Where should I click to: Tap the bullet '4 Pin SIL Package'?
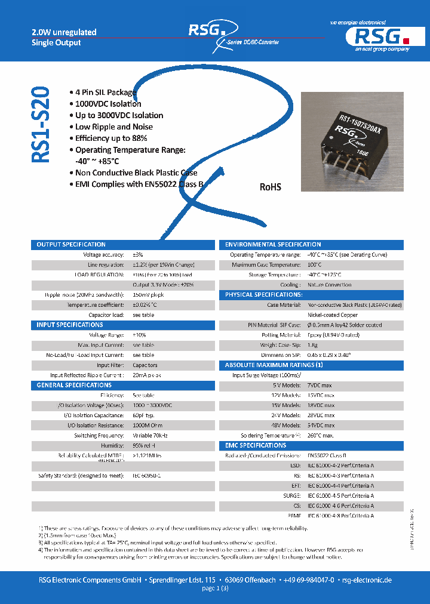click(106, 93)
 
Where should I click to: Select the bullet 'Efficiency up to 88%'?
click(111, 138)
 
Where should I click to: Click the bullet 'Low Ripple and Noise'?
click(113, 127)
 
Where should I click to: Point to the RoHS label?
click(270, 187)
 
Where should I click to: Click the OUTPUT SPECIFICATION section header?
click(71, 245)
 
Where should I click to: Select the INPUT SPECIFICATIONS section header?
click(70, 325)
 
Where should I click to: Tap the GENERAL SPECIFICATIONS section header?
click(74, 386)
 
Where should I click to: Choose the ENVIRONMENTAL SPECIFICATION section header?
click(273, 245)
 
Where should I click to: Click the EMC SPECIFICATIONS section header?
click(256, 445)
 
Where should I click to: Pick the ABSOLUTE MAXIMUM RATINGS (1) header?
click(274, 365)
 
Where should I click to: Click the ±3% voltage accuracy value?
click(138, 255)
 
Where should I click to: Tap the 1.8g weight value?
click(313, 345)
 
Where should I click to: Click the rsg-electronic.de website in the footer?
click(367, 580)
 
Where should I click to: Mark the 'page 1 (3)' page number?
click(215, 588)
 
